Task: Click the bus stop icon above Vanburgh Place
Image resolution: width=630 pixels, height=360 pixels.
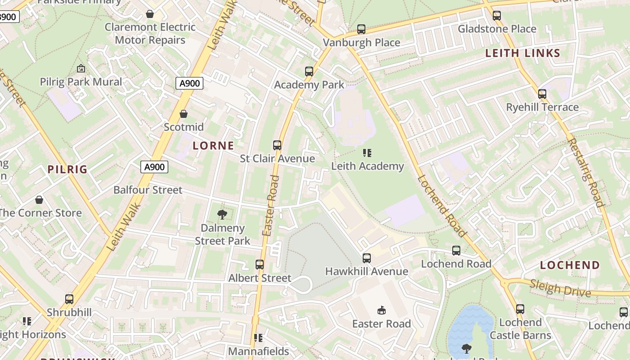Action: coord(361,29)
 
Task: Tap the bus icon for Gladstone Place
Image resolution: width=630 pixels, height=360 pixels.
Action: coord(496,16)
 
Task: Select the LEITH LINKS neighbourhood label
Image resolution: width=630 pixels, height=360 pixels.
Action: coord(522,53)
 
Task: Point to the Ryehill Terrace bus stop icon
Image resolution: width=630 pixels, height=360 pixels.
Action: coord(542,94)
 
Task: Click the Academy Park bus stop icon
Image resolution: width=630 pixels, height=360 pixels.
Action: coord(309,71)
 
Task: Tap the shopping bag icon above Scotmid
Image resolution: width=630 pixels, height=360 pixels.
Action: coord(183,114)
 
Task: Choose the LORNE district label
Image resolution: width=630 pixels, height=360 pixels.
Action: coord(213,145)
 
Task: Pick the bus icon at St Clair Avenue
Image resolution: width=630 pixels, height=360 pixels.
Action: coord(277,145)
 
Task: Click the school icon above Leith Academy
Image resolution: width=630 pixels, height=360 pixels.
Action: coord(367,153)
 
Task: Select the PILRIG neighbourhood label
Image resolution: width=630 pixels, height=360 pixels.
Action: coord(67,169)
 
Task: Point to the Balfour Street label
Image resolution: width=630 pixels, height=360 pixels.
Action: coord(148,190)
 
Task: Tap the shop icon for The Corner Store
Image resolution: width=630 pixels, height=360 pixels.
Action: coord(39,200)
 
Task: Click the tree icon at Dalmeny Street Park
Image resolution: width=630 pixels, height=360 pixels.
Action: coord(222,215)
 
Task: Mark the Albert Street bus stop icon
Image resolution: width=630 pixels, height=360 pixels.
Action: coord(260,265)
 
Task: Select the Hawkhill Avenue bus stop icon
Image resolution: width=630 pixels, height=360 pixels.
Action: coord(367,258)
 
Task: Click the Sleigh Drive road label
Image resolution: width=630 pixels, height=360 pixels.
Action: coord(560,288)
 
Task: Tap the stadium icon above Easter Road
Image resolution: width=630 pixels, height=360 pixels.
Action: coord(382,310)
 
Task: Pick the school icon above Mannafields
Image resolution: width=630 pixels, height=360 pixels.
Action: coord(258,337)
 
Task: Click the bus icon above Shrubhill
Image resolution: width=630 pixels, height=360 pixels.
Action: coord(69,299)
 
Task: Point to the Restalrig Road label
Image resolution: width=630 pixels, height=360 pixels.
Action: coord(585,172)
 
